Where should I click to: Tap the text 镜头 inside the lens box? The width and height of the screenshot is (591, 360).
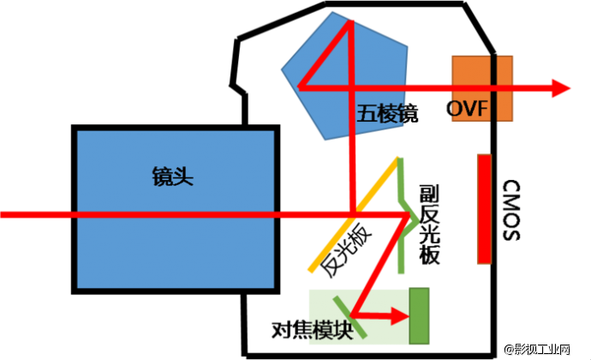click(x=172, y=177)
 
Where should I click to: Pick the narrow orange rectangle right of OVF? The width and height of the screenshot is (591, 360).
click(x=504, y=88)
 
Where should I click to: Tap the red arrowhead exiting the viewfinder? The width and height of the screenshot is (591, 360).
click(x=562, y=87)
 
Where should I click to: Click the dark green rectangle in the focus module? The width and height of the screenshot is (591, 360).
click(x=419, y=316)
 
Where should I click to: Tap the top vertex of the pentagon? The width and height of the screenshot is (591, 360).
click(x=331, y=11)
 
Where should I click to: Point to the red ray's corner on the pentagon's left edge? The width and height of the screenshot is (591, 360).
click(x=298, y=87)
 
